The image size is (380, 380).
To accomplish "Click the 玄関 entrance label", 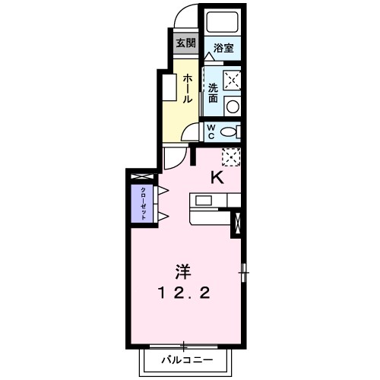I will click(185, 43).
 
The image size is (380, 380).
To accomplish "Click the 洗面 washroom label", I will click(214, 93).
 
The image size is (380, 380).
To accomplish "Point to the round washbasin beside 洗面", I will click(232, 106).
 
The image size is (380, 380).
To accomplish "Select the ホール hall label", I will click(186, 87).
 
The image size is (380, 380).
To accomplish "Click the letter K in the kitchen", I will click(217, 179).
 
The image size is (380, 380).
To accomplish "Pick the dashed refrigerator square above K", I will click(231, 156).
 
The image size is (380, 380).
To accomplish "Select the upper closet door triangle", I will click(162, 188).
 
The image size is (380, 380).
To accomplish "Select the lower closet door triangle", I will click(162, 218).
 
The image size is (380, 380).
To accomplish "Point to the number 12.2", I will click(184, 293).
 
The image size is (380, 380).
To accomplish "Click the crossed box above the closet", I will click(141, 178).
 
